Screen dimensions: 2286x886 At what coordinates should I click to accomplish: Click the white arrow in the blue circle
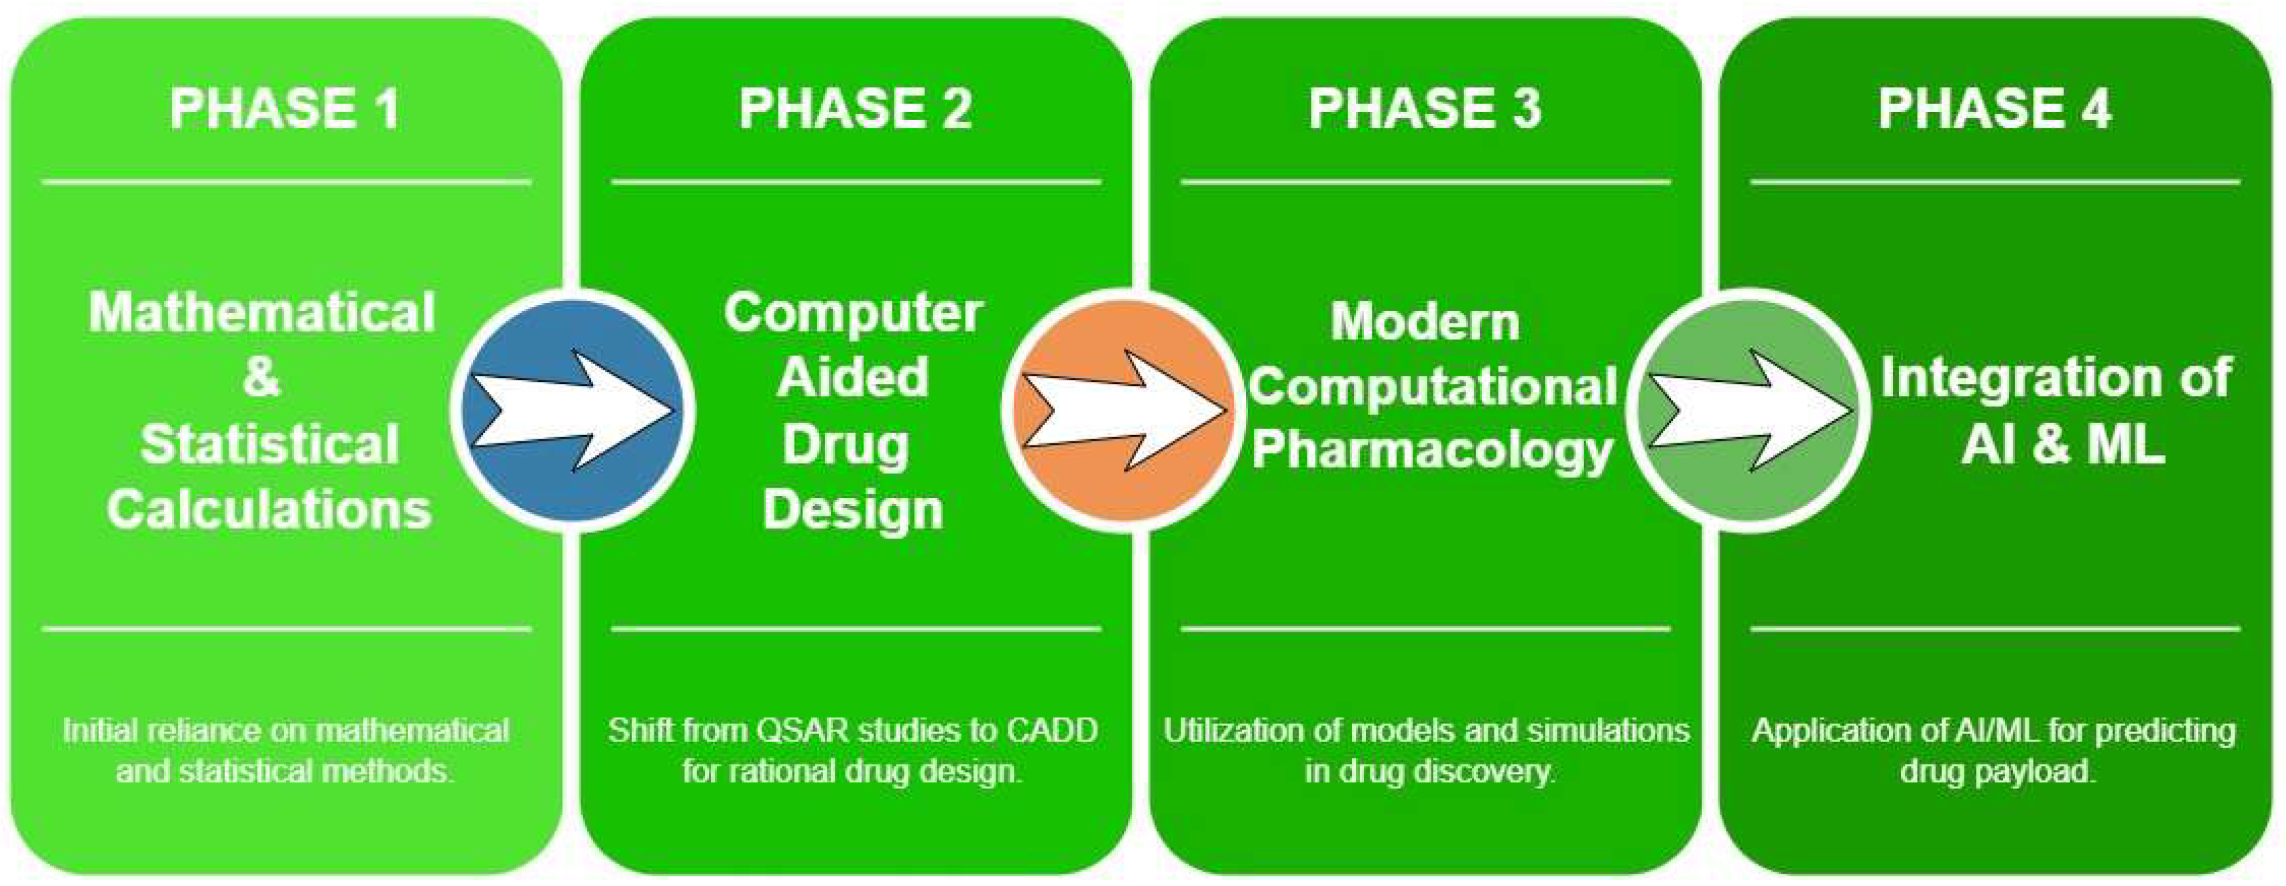573,410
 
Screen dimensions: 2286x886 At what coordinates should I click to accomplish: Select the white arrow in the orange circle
1125,410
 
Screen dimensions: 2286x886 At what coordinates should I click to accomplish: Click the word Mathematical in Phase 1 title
262,312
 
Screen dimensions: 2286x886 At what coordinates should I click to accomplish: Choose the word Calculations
269,510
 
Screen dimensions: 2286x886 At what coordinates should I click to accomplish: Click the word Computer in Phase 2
853,312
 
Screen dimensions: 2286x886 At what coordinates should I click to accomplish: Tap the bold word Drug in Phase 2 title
845,443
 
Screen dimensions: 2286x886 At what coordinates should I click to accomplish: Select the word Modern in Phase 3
1426,321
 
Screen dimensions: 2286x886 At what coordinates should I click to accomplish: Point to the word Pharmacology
1432,451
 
